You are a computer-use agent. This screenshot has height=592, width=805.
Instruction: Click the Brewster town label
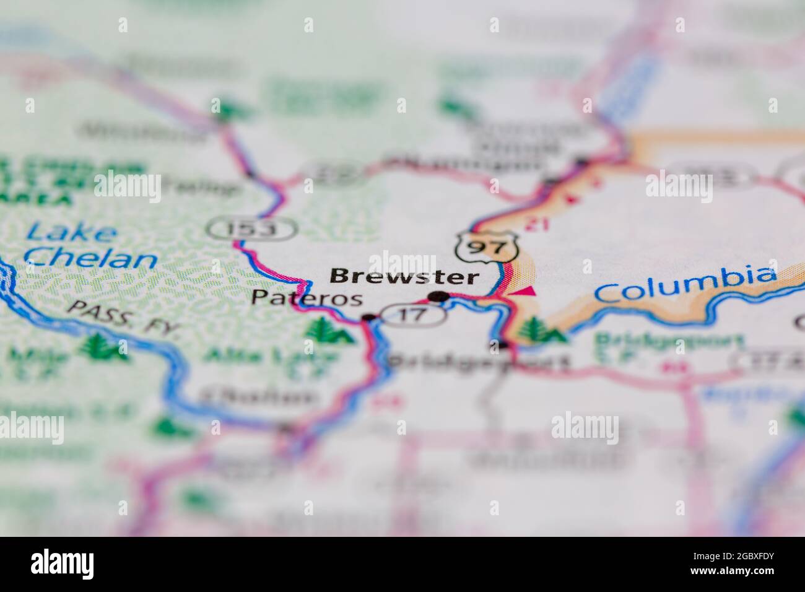(404, 276)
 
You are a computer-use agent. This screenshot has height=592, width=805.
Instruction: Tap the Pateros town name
(307, 298)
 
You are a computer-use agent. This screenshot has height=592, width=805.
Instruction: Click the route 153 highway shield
(251, 229)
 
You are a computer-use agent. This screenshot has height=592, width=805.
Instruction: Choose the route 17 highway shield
(413, 315)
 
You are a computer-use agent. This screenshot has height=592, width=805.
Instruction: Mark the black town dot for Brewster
(439, 297)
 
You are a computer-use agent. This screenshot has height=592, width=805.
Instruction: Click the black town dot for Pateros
(368, 318)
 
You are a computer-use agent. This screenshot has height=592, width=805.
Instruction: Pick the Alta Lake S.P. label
(271, 361)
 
